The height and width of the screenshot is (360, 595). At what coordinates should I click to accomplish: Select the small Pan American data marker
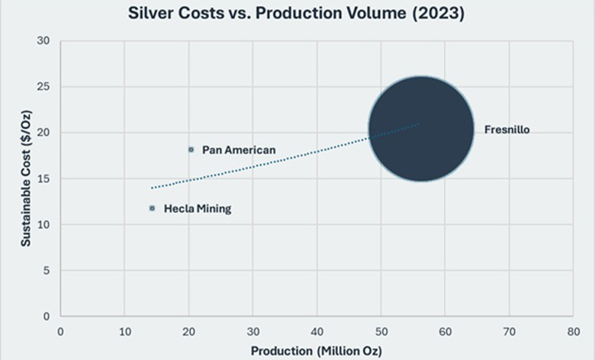191,149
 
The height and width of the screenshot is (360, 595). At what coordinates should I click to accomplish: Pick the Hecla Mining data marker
152,208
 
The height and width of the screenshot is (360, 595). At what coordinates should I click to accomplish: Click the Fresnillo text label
507,130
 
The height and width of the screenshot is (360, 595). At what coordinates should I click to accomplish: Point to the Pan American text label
239,150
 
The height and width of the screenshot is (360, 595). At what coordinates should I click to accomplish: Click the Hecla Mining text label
197,209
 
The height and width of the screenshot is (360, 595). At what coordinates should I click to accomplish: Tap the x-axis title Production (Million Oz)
317,351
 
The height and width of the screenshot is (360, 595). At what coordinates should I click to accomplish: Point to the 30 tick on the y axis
44,41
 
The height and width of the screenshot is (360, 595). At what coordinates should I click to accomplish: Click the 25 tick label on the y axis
44,87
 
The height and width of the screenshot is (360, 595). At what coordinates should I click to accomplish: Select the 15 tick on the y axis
44,178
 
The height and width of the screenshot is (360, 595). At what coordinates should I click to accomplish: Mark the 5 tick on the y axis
47,270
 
